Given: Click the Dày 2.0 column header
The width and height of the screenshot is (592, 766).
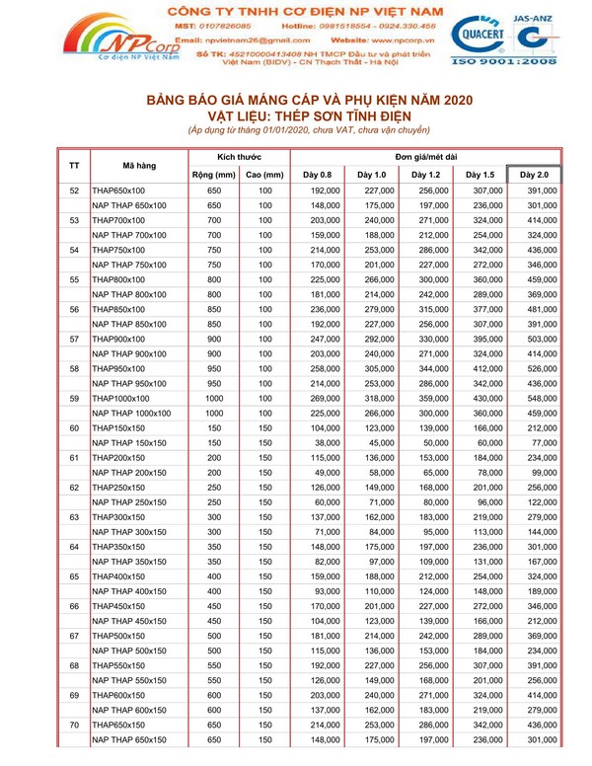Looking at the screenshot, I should pos(534,175).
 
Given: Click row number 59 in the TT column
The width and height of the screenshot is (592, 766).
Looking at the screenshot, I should pos(73,400).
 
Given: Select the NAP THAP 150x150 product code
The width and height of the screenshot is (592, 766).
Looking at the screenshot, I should pos(128,444).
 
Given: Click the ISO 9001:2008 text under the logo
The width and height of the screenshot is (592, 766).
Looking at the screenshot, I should pos(504,61).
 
